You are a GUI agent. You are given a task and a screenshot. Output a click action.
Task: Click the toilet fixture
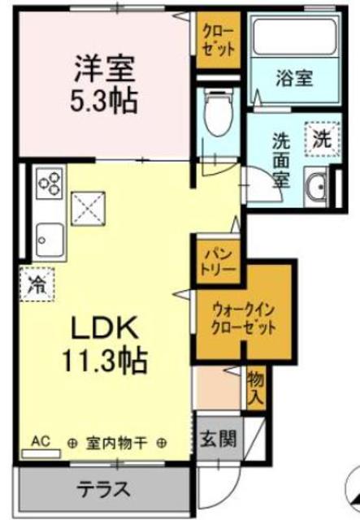pyautogui.click(x=218, y=113)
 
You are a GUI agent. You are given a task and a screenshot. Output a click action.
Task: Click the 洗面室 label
pyautogui.click(x=280, y=158)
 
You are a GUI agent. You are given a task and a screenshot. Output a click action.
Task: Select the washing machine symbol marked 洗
pyautogui.click(x=320, y=138)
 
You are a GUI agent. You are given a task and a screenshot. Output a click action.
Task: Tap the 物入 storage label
pyautogui.click(x=255, y=389)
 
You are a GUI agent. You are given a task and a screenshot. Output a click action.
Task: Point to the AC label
pyautogui.click(x=40, y=442)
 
